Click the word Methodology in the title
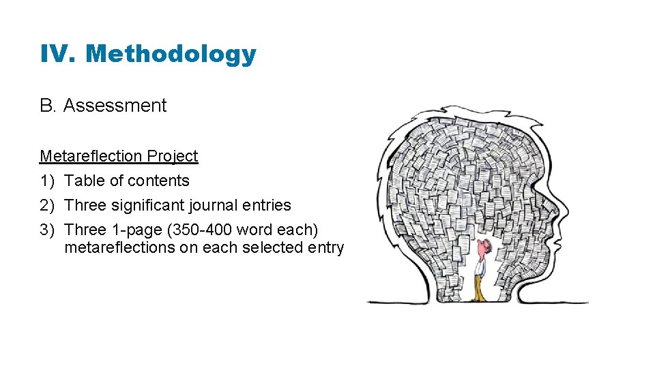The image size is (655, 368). [x=171, y=54]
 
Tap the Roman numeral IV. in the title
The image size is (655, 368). [x=59, y=54]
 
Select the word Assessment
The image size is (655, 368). [x=115, y=106]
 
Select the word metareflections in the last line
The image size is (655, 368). [x=119, y=247]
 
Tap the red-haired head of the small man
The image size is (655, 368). [x=483, y=245]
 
